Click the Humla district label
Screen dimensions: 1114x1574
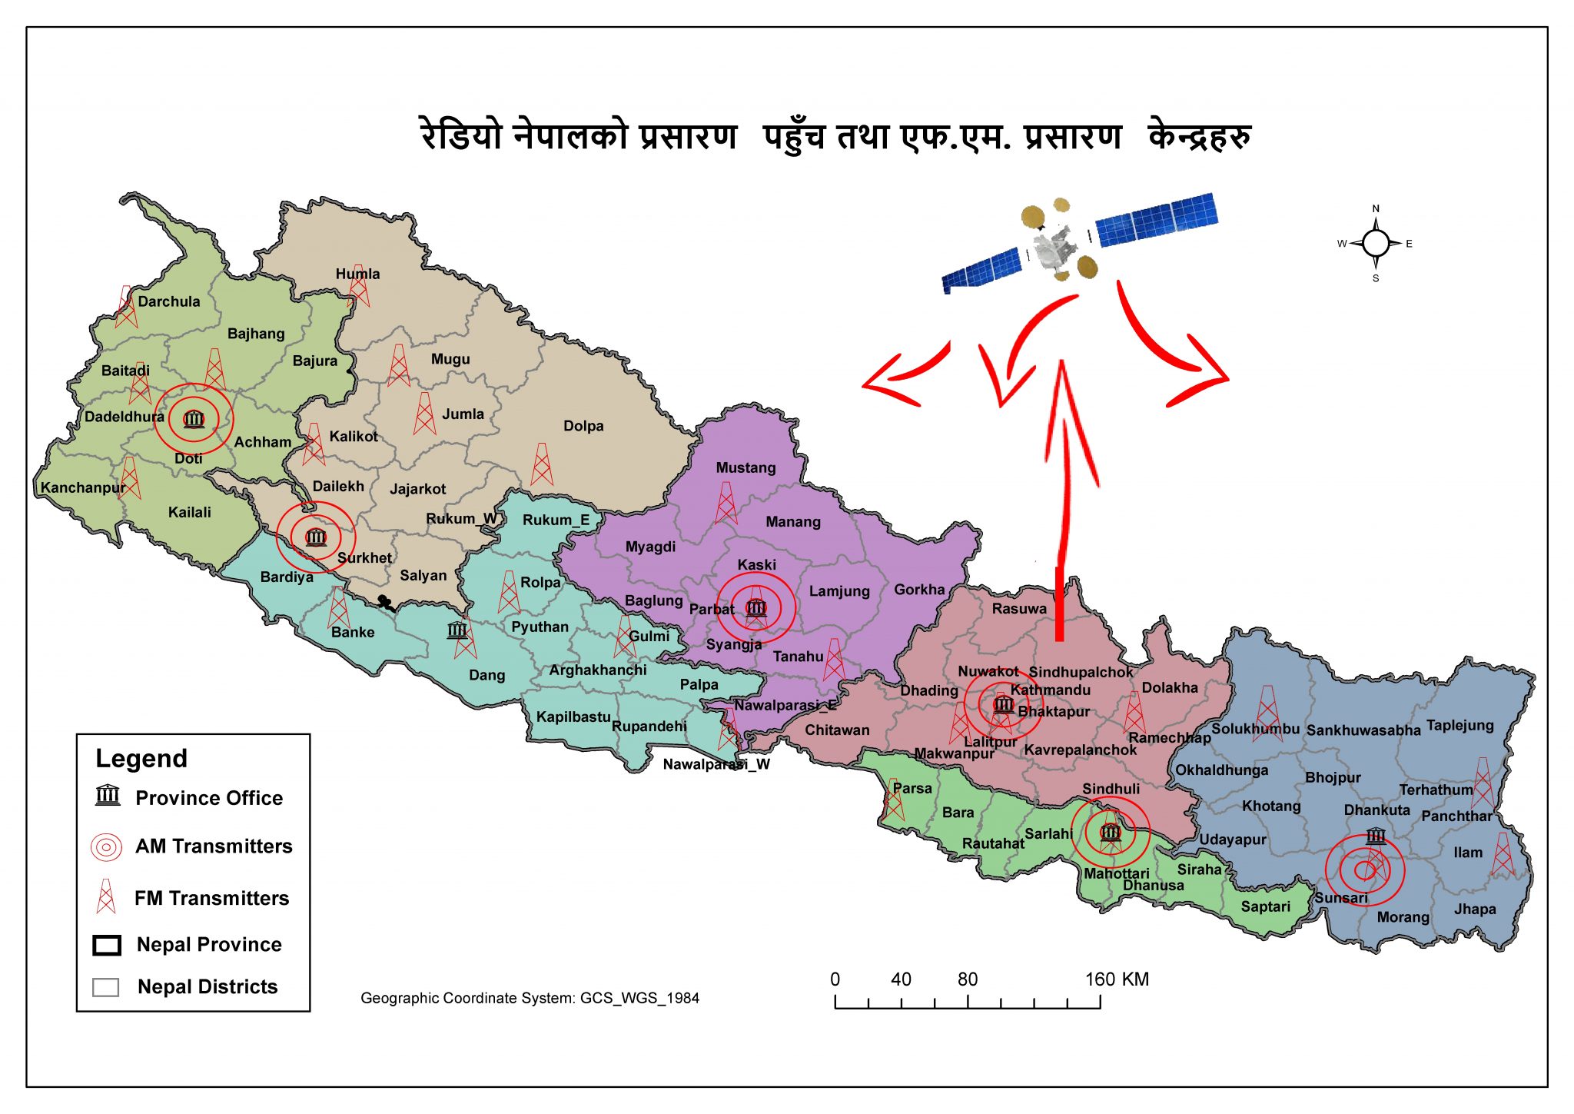[x=357, y=274]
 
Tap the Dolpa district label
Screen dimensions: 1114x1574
[x=583, y=426]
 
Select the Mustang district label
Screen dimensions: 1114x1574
[x=745, y=467]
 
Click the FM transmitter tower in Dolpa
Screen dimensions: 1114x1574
[x=542, y=464]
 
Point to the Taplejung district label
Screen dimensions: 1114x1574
[x=1459, y=725]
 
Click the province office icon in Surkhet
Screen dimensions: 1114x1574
[x=316, y=537]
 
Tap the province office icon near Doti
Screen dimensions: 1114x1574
[x=194, y=419]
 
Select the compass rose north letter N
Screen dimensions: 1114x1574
[x=1376, y=208]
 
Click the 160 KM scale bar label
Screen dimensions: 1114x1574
[x=1116, y=979]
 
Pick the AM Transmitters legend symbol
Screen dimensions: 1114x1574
[x=106, y=847]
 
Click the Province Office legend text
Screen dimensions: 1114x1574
[x=209, y=798]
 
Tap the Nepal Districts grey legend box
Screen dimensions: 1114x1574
[x=105, y=987]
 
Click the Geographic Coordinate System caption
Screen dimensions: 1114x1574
[x=530, y=998]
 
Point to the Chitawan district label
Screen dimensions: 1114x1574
[x=837, y=730]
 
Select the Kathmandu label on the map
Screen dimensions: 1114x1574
[x=1050, y=690]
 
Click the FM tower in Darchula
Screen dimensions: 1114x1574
[x=125, y=307]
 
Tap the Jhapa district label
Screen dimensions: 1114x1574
[x=1475, y=909]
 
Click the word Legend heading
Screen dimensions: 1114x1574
[x=141, y=759]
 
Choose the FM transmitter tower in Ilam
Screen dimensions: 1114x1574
[x=1503, y=855]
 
